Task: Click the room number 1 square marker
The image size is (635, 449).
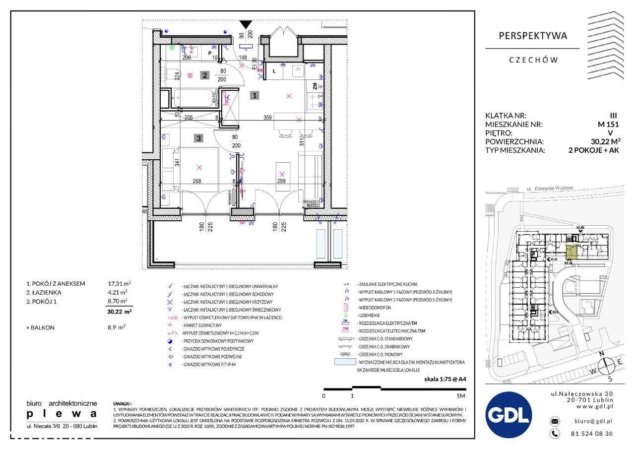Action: click(254, 96)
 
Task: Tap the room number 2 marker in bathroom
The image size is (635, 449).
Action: click(204, 75)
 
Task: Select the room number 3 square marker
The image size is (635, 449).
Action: click(198, 139)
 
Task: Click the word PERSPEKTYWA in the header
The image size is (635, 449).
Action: click(532, 36)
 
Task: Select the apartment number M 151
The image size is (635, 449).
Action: click(608, 125)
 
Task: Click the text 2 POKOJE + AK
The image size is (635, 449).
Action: click(594, 150)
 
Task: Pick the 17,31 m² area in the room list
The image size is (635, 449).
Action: click(119, 283)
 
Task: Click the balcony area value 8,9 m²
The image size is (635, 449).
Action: click(117, 327)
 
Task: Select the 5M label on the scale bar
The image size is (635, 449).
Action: click(461, 396)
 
